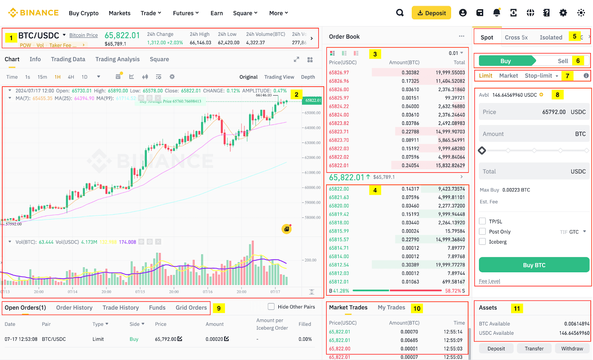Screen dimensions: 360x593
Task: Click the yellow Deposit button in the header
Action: (431, 13)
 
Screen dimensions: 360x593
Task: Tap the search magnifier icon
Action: (400, 13)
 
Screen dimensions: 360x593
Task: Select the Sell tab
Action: (563, 61)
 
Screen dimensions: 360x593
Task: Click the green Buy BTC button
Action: (534, 265)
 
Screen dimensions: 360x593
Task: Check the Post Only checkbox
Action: (482, 231)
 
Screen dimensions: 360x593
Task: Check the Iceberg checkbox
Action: (482, 241)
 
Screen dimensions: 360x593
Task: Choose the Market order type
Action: (508, 76)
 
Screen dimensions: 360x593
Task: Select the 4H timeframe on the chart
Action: (71, 77)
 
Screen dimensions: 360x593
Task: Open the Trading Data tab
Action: (68, 59)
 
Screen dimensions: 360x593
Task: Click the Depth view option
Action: (308, 77)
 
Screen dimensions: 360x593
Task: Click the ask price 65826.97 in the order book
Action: (339, 73)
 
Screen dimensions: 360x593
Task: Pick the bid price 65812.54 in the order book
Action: (339, 265)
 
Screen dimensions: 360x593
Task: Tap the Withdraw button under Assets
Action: (572, 349)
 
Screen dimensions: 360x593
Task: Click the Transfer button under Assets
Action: (534, 349)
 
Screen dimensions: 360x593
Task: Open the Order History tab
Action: (74, 308)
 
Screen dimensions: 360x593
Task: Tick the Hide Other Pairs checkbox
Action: (271, 307)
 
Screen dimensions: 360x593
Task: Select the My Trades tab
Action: (391, 307)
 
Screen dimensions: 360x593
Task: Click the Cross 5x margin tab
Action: (516, 37)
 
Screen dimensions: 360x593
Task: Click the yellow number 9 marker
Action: (219, 308)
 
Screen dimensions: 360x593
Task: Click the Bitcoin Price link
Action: (83, 35)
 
